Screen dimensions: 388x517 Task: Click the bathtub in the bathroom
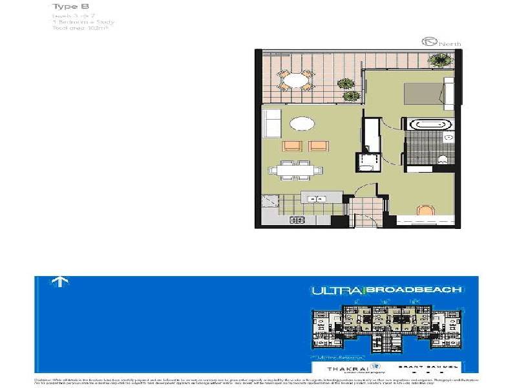tap(430, 125)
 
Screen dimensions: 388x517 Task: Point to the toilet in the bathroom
tap(443, 160)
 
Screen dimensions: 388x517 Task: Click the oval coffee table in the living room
tap(302, 124)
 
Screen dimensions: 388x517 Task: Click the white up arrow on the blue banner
tap(59, 282)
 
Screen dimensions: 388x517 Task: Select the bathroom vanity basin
tap(450, 138)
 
